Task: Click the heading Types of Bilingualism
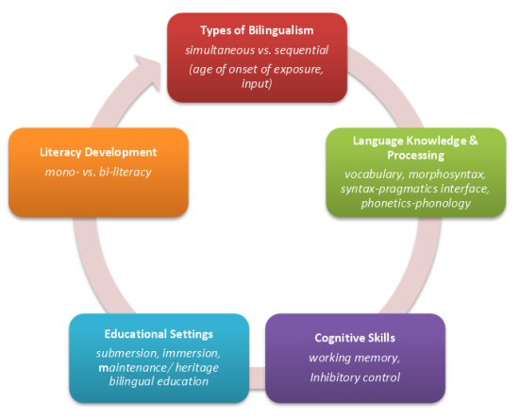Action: coord(257,30)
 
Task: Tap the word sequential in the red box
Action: coord(302,50)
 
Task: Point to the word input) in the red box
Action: coord(257,83)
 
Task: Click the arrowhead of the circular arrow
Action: coord(148,73)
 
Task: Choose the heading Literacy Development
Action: coord(98,152)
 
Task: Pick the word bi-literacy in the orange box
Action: coord(125,172)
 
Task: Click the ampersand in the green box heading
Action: coord(474,141)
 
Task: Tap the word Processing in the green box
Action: coord(416,156)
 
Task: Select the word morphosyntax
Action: coord(447,175)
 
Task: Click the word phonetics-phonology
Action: coord(416,203)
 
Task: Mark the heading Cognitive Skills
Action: coord(355,338)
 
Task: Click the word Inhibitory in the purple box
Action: coord(332,377)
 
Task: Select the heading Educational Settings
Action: coord(159,334)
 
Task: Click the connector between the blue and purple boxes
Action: coord(258,378)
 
